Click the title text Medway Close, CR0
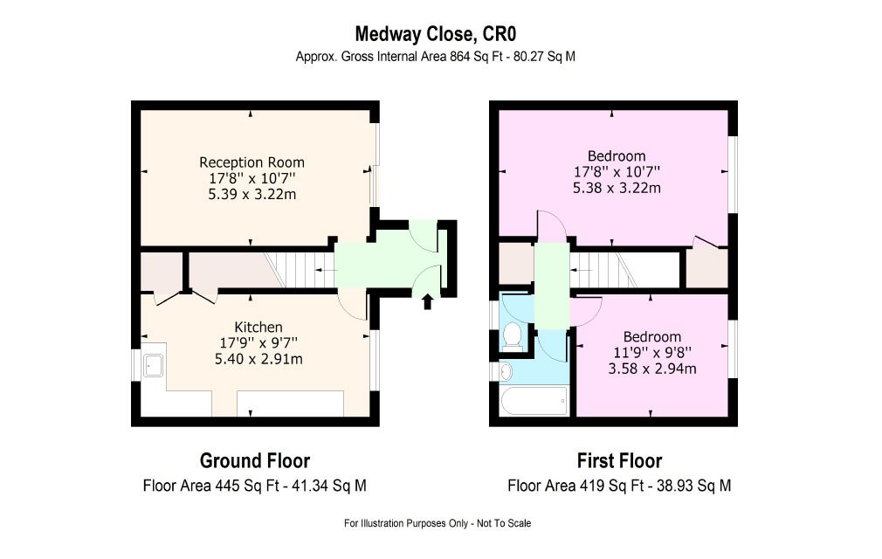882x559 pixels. [436, 34]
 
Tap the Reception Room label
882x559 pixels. [252, 162]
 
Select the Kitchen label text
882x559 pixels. [258, 328]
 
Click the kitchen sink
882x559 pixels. [153, 364]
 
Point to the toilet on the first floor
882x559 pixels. [512, 335]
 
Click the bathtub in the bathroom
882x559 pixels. [534, 400]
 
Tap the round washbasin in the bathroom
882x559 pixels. [506, 372]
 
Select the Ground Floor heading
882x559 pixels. [255, 460]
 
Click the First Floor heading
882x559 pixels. [619, 460]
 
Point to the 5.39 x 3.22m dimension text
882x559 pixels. [252, 195]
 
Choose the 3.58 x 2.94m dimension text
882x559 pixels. [652, 369]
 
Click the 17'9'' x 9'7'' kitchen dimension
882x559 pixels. [258, 342]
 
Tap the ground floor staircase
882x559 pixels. [300, 269]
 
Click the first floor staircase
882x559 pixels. [604, 269]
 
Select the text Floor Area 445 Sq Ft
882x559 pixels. [211, 486]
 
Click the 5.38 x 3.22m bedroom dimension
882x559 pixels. [617, 188]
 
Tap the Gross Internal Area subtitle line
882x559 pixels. [436, 57]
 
